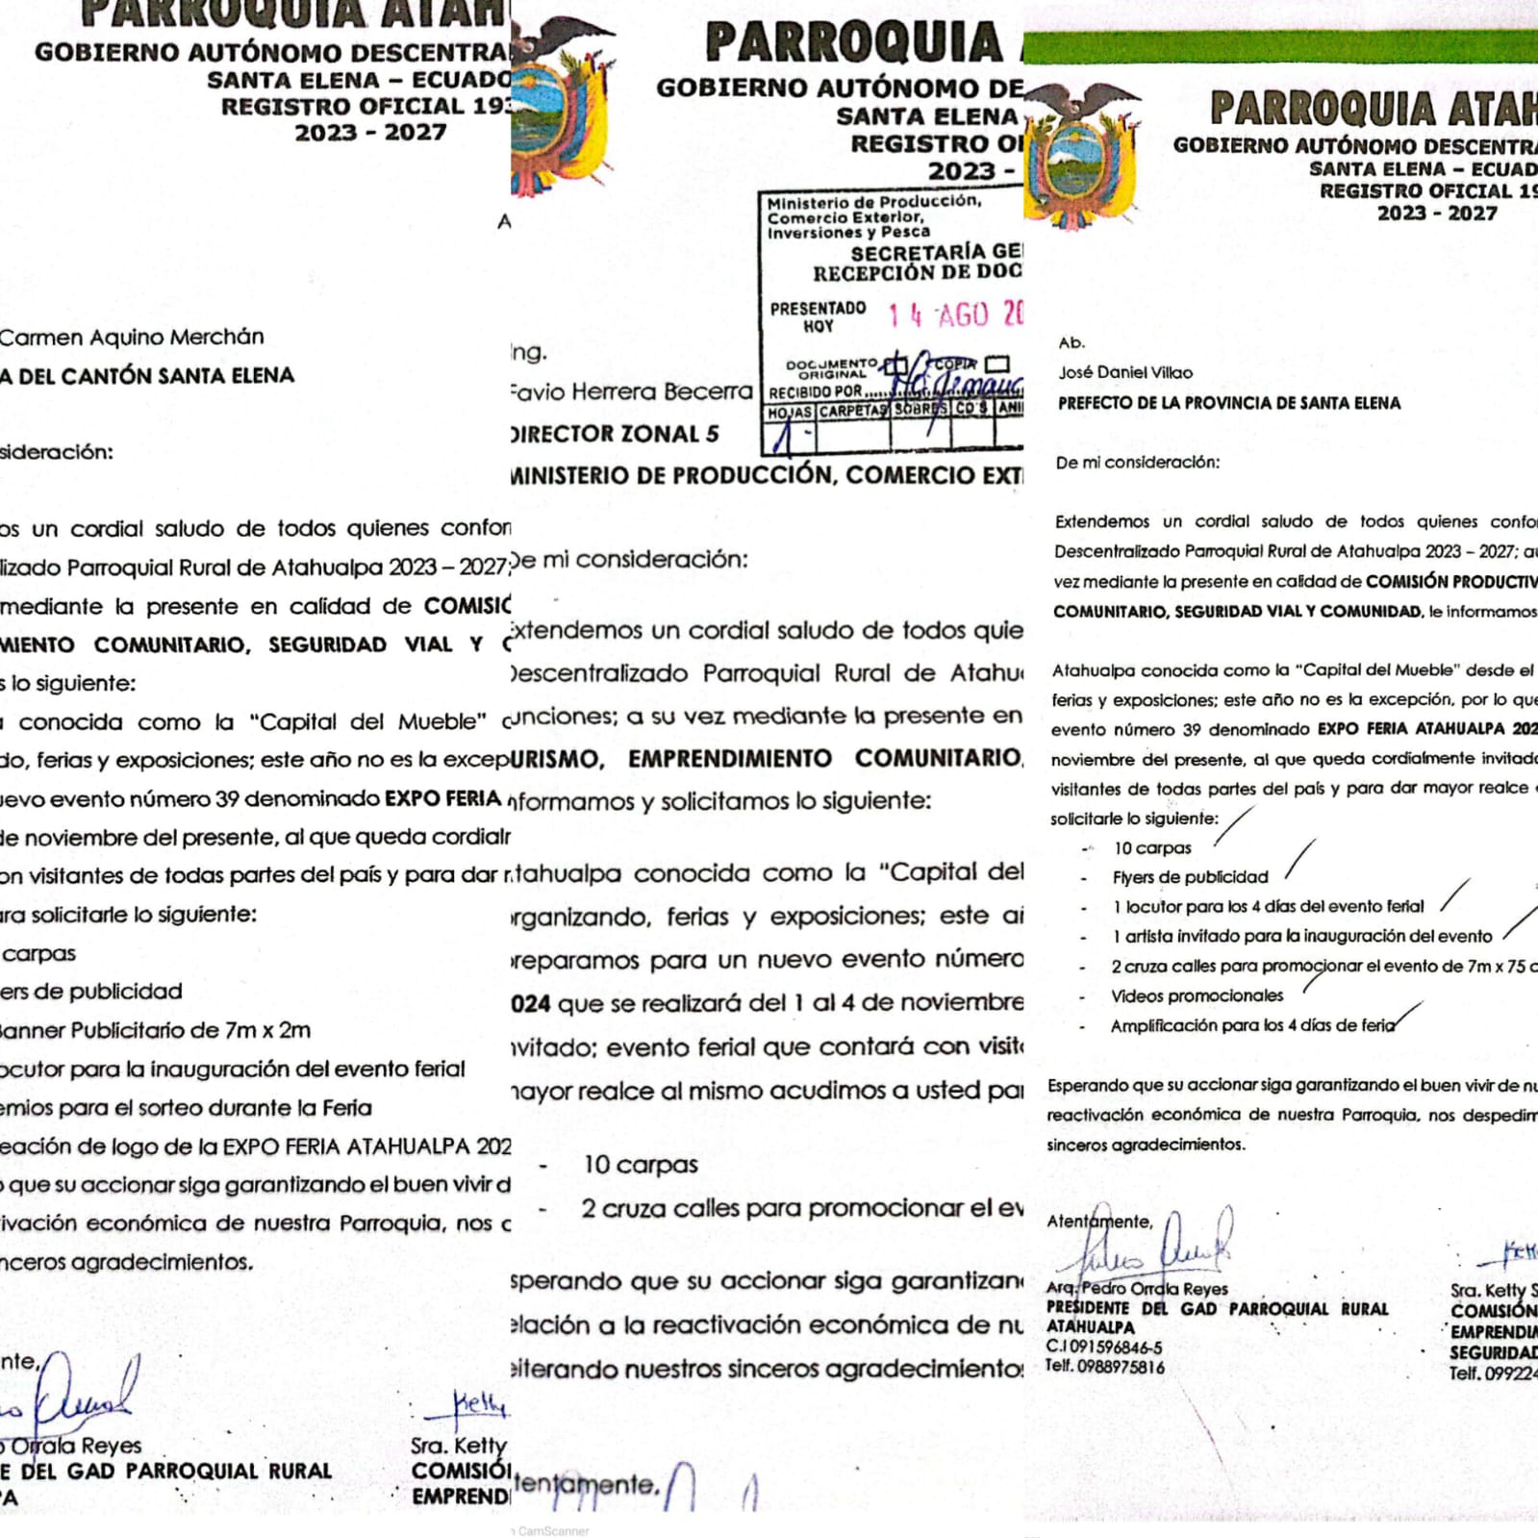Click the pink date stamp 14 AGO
[x=952, y=315]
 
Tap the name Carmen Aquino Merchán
[x=132, y=337]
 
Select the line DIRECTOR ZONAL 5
[x=616, y=434]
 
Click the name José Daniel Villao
[x=1125, y=372]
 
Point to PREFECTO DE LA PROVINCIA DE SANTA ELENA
[x=1228, y=403]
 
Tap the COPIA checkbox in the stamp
[x=997, y=364]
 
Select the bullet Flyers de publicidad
[x=1190, y=877]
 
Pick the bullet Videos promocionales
[x=1197, y=996]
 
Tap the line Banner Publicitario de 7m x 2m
[x=154, y=1030]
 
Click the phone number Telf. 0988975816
[x=1105, y=1367]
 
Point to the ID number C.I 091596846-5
[x=1103, y=1348]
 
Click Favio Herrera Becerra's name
[x=631, y=391]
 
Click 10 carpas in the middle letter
[x=640, y=1165]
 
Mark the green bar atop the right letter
[x=1279, y=46]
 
